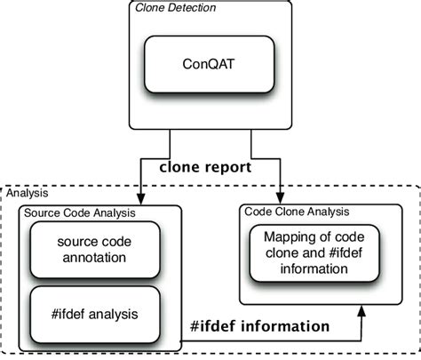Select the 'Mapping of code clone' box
(x=307, y=254)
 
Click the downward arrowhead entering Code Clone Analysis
(x=282, y=201)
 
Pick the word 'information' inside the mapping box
(x=307, y=270)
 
